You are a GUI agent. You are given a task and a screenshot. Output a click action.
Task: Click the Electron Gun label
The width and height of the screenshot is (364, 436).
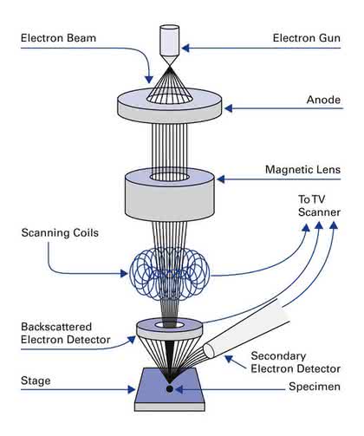[x=307, y=38]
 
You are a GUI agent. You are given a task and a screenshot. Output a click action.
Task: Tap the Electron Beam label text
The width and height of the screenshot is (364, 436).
[x=58, y=38]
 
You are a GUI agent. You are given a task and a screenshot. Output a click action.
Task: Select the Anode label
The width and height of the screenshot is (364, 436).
[x=323, y=100]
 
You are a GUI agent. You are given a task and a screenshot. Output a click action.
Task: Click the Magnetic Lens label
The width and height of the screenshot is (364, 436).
[x=302, y=170]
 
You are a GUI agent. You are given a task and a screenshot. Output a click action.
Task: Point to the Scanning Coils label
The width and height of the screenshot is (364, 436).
[x=60, y=233]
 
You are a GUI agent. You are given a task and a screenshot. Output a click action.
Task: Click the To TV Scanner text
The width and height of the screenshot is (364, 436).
[x=319, y=205]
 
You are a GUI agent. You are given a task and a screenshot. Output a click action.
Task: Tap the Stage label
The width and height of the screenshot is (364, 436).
[x=36, y=381]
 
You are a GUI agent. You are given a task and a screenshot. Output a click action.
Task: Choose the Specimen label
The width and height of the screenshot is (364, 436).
[x=315, y=387]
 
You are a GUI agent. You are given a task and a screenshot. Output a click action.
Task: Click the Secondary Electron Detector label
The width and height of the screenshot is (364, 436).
[x=296, y=362]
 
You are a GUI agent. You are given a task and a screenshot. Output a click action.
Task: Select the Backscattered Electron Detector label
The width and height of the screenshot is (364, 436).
[x=66, y=333]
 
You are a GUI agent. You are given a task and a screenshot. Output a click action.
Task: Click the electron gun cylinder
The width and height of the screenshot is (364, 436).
[x=170, y=41]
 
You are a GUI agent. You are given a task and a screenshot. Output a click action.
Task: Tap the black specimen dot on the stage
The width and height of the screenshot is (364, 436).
[x=170, y=389]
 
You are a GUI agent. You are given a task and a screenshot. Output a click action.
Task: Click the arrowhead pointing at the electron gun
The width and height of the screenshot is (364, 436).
[x=185, y=48]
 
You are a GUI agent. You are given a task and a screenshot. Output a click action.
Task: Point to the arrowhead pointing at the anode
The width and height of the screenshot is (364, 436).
[x=229, y=108]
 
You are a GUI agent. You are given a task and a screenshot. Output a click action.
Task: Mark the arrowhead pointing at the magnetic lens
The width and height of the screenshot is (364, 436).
[x=221, y=179]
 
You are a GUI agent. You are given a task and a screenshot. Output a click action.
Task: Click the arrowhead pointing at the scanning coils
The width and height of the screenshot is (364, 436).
[x=124, y=273]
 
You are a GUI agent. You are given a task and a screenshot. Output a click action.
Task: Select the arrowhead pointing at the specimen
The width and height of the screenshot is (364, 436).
[x=179, y=389]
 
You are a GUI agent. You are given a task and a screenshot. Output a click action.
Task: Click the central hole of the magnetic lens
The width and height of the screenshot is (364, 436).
[x=170, y=177]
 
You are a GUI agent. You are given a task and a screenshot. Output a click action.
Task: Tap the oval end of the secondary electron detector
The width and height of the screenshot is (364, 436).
[x=209, y=351]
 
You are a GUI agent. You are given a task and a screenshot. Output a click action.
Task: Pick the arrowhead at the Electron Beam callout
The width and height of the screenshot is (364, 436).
[x=149, y=80]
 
